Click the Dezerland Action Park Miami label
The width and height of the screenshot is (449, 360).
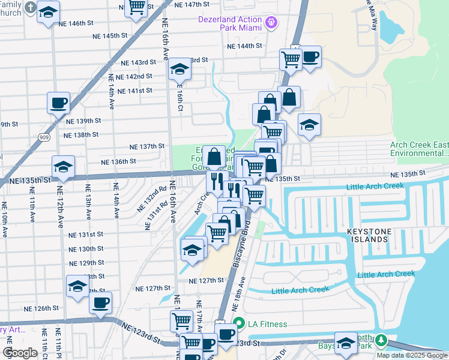[231, 23]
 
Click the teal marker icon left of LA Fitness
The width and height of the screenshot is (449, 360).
[238, 324]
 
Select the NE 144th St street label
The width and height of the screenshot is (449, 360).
[244, 46]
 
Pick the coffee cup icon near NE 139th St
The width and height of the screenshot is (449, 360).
[59, 103]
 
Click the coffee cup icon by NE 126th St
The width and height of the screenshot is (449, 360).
[101, 302]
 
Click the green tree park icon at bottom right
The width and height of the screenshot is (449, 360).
[381, 341]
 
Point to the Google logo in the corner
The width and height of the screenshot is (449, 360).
[20, 353]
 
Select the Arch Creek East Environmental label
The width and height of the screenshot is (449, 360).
[419, 149]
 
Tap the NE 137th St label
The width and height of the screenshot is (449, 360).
[147, 146]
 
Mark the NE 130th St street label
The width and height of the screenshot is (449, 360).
[86, 249]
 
